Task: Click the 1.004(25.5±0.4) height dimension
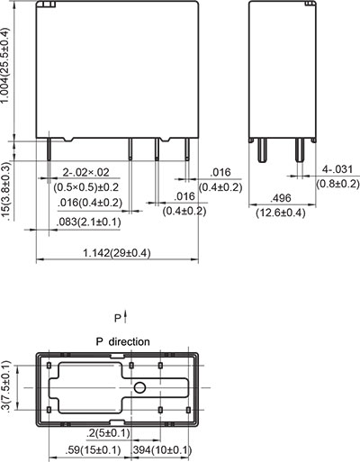pyautogui.click(x=7, y=68)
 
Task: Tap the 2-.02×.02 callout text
pyautogui.click(x=86, y=172)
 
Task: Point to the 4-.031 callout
pyautogui.click(x=338, y=169)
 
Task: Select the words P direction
pyautogui.click(x=122, y=341)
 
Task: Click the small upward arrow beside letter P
pyautogui.click(x=126, y=316)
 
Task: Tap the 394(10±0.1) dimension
pyautogui.click(x=162, y=449)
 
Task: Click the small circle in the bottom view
pyautogui.click(x=140, y=389)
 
